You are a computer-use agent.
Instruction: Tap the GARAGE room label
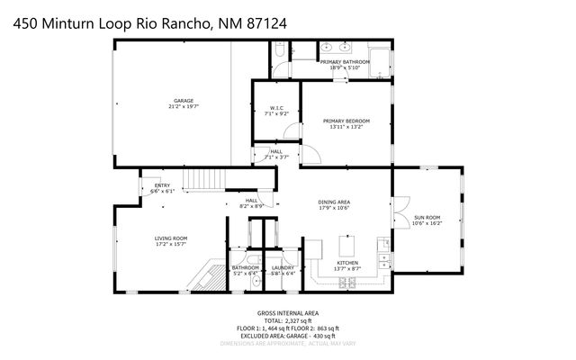(x=184, y=100)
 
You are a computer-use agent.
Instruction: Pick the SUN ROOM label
(x=427, y=217)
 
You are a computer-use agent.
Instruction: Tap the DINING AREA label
(x=334, y=202)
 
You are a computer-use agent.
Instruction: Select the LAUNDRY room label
(x=283, y=267)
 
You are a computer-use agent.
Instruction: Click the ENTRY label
(x=162, y=185)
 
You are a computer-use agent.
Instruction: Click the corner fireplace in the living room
(x=205, y=277)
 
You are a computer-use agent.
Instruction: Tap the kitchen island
(x=346, y=246)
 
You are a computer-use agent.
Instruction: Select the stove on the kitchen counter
(x=346, y=283)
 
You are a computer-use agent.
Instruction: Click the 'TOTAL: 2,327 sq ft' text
(x=288, y=321)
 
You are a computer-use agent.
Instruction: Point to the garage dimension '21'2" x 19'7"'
(x=184, y=106)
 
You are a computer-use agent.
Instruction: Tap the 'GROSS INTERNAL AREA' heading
(x=288, y=314)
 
